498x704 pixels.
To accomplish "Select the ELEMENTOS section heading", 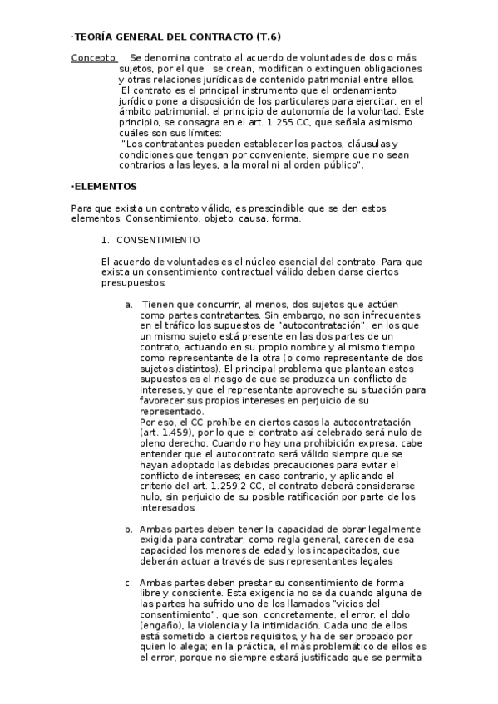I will pos(106,187).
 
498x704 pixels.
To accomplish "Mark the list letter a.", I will pos(129,305).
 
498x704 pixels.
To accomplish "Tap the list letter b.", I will pos(129,529).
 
